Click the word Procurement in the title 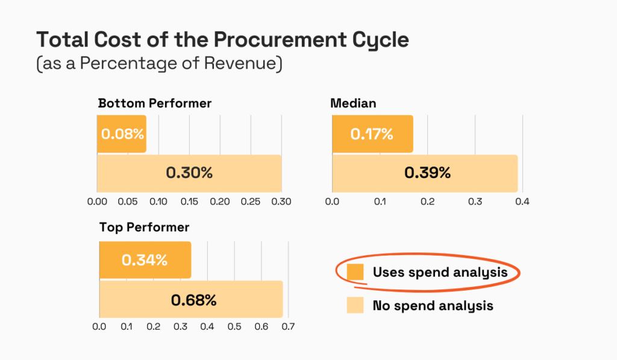[x=256, y=40]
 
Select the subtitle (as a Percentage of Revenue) [x=159, y=64]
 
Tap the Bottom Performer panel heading [x=155, y=103]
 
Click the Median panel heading [x=353, y=103]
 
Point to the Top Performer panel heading [x=144, y=227]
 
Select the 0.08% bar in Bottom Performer [x=122, y=134]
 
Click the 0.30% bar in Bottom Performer [x=189, y=173]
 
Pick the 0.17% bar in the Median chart [x=372, y=134]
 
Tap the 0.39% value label [x=427, y=173]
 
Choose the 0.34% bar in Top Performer [x=145, y=261]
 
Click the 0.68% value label [x=193, y=300]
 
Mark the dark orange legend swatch [x=355, y=273]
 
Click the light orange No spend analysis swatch [x=355, y=306]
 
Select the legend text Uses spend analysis [x=440, y=273]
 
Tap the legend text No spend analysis [x=433, y=306]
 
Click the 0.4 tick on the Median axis [x=522, y=201]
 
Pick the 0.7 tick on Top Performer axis [x=288, y=327]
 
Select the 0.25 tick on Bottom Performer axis [x=251, y=201]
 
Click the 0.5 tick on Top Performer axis [x=234, y=327]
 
